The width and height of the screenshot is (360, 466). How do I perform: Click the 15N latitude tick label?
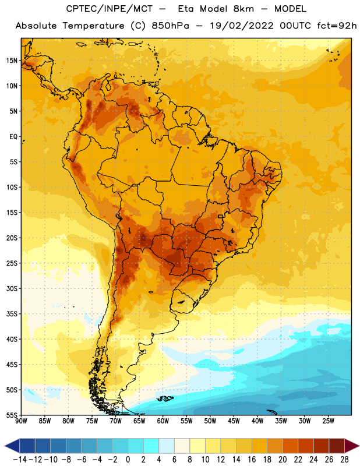[12, 61]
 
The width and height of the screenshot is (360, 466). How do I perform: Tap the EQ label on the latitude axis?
[13, 137]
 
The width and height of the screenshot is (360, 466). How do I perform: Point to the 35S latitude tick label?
[12, 314]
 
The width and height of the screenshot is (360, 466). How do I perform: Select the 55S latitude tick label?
[12, 415]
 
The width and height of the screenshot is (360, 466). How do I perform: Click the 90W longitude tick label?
[21, 421]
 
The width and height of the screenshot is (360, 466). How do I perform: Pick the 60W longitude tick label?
[163, 421]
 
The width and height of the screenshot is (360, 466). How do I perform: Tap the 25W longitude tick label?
[328, 421]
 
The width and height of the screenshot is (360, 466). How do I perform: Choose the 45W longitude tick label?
[234, 421]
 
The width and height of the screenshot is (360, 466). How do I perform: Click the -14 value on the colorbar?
[20, 460]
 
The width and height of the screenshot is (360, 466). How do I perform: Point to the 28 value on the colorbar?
[344, 460]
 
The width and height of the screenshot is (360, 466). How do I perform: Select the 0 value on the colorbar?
[128, 460]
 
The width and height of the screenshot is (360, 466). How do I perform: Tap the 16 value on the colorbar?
[252, 460]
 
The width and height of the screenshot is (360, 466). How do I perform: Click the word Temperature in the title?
[93, 26]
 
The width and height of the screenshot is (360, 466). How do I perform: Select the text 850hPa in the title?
[170, 26]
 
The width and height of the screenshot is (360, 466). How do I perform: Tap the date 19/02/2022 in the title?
[242, 26]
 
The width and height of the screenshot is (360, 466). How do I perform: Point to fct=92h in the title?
[337, 26]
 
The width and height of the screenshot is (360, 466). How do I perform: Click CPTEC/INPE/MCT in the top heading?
[110, 9]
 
